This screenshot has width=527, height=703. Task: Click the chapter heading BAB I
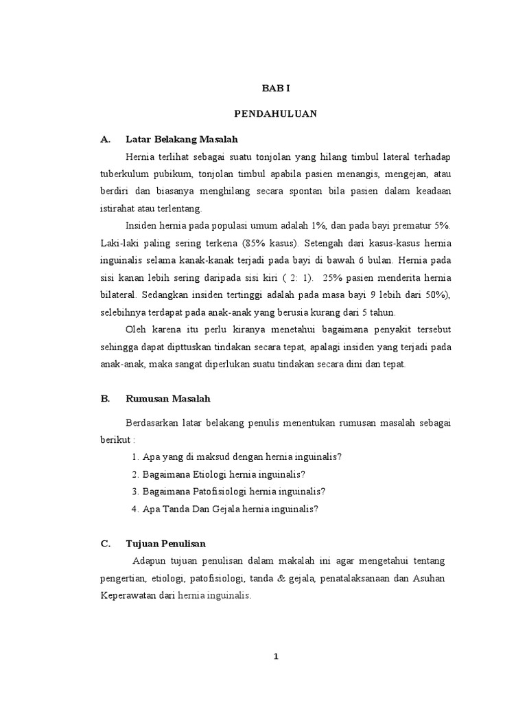point(276,89)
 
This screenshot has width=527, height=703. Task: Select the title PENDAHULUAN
point(276,115)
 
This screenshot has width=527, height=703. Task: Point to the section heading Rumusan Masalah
point(168,398)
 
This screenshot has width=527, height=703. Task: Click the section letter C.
point(105,544)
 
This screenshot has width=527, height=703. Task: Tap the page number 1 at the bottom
point(276,656)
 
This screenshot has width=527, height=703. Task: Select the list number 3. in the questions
point(134,491)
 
